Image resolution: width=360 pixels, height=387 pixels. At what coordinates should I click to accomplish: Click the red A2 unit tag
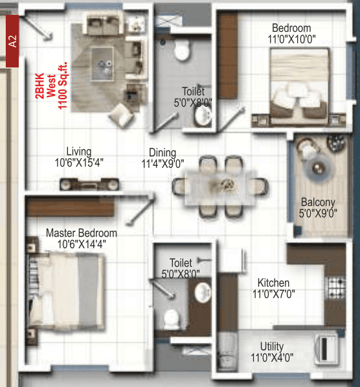12,41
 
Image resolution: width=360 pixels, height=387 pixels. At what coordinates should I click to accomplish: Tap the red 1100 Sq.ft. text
62,86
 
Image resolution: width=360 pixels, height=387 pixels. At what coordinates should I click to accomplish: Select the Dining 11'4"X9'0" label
163,158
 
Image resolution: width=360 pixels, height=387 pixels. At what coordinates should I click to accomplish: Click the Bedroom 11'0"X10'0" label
291,34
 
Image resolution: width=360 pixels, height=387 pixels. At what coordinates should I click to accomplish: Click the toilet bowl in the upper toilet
182,50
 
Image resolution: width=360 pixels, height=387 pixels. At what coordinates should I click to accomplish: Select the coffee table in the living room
102,64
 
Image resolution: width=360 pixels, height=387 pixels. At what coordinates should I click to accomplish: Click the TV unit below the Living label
89,184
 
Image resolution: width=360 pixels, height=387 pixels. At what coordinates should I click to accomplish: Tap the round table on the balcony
318,167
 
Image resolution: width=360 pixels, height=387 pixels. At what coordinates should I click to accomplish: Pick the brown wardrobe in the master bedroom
71,207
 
